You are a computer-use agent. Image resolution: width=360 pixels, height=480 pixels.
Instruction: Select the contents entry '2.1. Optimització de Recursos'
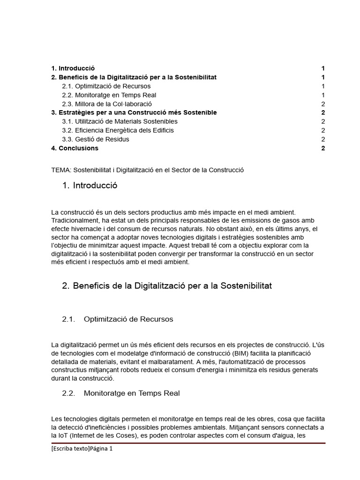pos(106,86)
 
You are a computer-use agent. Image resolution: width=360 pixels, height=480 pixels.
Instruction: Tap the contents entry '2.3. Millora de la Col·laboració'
pos(106,104)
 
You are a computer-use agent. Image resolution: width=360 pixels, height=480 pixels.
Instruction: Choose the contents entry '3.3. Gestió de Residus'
pos(95,139)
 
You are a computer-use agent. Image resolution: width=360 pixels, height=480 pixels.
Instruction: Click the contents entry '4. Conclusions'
pos(75,148)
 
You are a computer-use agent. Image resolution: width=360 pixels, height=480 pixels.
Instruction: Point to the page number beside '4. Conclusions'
pos(323,148)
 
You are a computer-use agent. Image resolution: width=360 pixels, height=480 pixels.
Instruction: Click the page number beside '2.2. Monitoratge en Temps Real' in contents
pos(323,95)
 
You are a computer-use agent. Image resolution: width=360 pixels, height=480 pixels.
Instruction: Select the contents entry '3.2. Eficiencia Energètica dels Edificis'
pos(118,130)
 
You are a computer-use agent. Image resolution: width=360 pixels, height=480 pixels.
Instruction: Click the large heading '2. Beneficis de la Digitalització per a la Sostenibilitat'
pos(166,285)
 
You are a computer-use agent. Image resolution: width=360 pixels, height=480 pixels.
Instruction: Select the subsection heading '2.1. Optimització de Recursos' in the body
pos(117,319)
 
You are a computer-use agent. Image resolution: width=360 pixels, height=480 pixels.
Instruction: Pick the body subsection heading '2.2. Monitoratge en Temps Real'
pos(120,393)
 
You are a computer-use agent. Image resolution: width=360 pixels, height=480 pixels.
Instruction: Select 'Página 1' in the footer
pos(102,449)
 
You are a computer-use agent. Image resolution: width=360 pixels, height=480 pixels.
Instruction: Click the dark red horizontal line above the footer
pos(187,442)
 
